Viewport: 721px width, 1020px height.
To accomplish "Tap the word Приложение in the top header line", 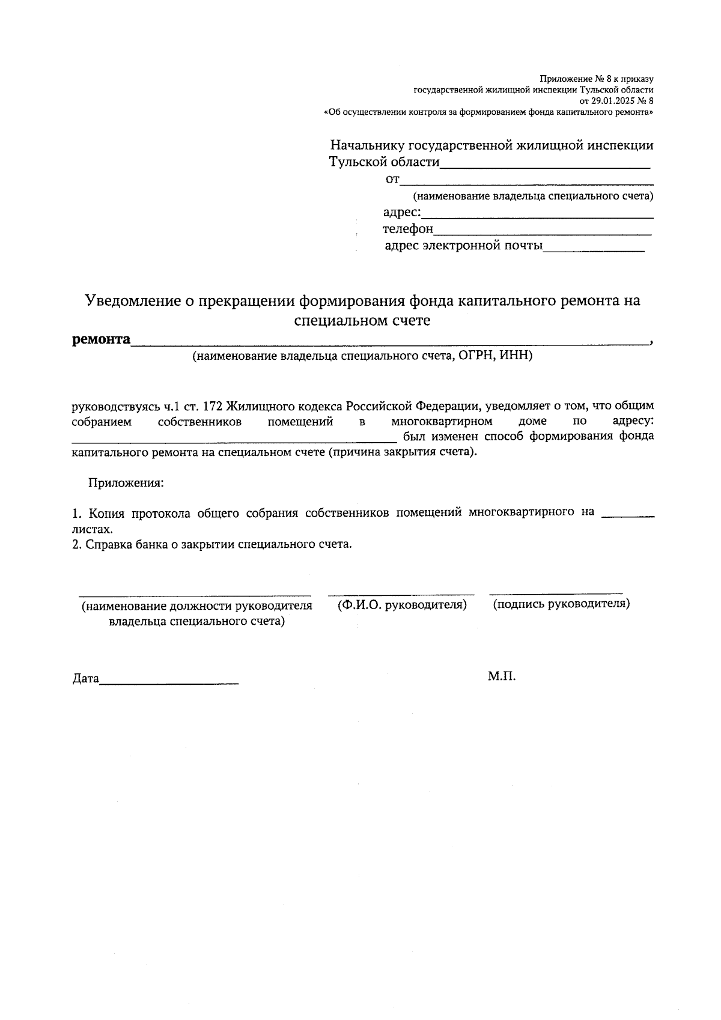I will coord(562,79).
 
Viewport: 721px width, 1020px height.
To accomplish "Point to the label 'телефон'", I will coord(407,229).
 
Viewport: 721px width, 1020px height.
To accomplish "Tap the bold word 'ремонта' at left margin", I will coord(101,339).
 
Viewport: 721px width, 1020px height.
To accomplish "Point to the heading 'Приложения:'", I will coord(126,482).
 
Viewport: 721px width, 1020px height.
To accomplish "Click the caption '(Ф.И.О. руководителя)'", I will coord(402,604).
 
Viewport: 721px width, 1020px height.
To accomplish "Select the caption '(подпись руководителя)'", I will coord(561,604).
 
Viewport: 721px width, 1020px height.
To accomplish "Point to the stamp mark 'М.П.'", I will coord(502,676).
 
